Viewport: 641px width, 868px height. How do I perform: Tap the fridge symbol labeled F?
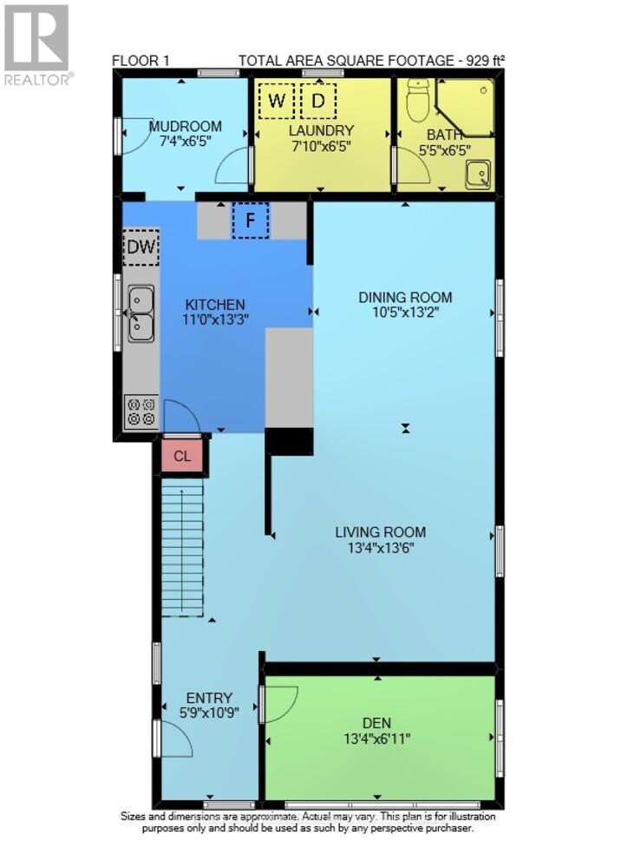(251, 220)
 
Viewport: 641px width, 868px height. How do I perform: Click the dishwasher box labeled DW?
(141, 247)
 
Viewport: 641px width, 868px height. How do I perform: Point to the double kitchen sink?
(141, 313)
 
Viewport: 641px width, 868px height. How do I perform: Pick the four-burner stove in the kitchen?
(141, 411)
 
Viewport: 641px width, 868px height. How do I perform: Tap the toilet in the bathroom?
(418, 102)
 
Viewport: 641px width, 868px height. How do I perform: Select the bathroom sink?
(476, 176)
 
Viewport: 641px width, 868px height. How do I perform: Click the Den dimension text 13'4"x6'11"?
(377, 739)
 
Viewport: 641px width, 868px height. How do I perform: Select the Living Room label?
(381, 532)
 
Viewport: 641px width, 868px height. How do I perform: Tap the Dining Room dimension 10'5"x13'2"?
(405, 313)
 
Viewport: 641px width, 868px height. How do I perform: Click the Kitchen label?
(214, 305)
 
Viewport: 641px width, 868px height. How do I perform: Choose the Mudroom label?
(185, 126)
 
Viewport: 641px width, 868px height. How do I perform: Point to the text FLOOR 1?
(141, 60)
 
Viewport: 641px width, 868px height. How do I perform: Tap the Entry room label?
(209, 697)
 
